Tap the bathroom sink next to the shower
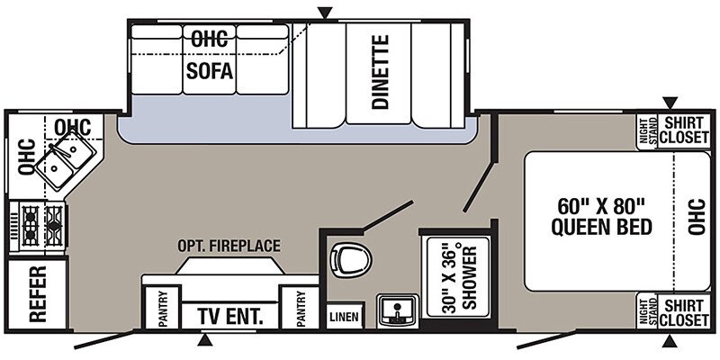click(x=398, y=310)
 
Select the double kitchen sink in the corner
click(x=65, y=159)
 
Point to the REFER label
click(x=38, y=294)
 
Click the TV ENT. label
click(x=230, y=316)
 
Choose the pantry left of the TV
click(x=162, y=307)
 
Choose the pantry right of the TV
click(x=301, y=307)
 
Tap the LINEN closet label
click(x=346, y=318)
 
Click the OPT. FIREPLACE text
click(x=229, y=246)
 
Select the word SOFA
click(x=210, y=71)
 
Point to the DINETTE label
click(x=380, y=72)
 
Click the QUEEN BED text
click(x=601, y=227)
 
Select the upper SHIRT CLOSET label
click(x=684, y=130)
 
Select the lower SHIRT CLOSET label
click(x=684, y=312)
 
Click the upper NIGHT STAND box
click(x=647, y=131)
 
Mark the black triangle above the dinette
click(x=325, y=13)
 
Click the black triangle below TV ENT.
click(x=205, y=340)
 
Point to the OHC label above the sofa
click(x=210, y=40)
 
